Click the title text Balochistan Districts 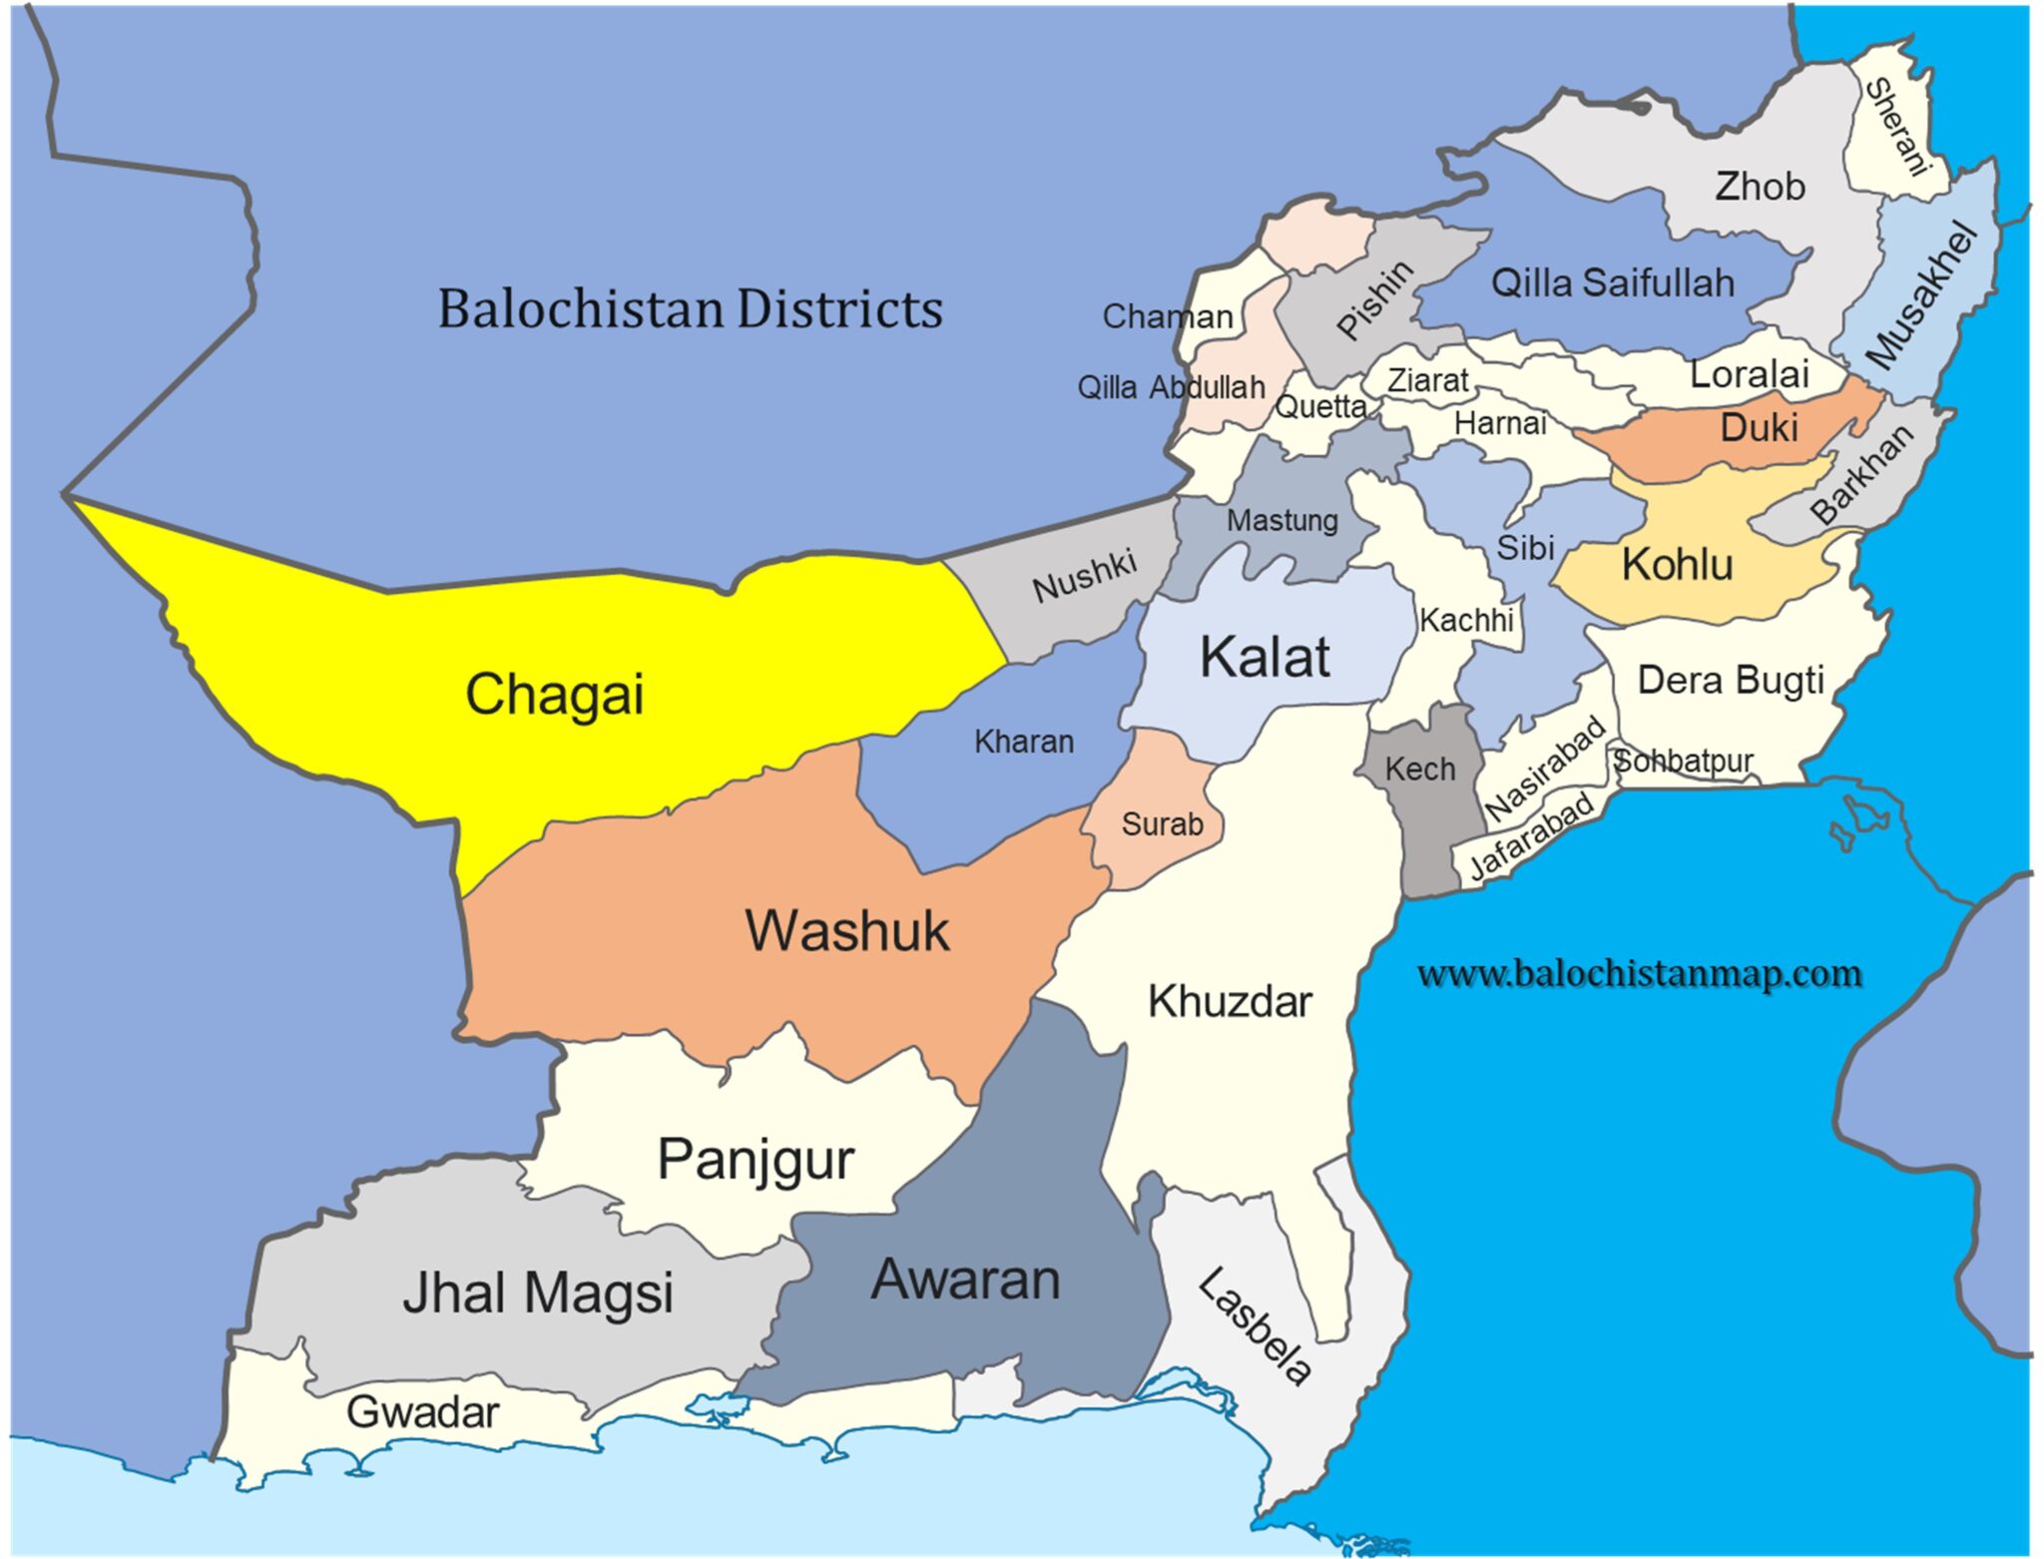click(x=690, y=308)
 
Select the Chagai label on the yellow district click(x=554, y=694)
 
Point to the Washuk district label click(x=846, y=930)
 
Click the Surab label click(x=1162, y=824)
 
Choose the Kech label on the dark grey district click(x=1419, y=769)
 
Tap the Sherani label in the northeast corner click(x=1897, y=127)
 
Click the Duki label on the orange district click(x=1759, y=427)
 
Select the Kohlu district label click(x=1677, y=564)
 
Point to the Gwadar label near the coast click(x=422, y=1411)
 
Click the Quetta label click(x=1320, y=406)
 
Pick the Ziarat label click(x=1427, y=380)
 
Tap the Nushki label click(x=1084, y=576)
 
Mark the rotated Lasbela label click(x=1255, y=1327)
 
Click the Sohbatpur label click(x=1683, y=761)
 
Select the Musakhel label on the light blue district click(x=1921, y=296)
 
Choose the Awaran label click(x=965, y=1280)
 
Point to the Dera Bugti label click(x=1730, y=680)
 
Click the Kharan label click(x=1024, y=742)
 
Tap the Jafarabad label click(x=1531, y=835)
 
